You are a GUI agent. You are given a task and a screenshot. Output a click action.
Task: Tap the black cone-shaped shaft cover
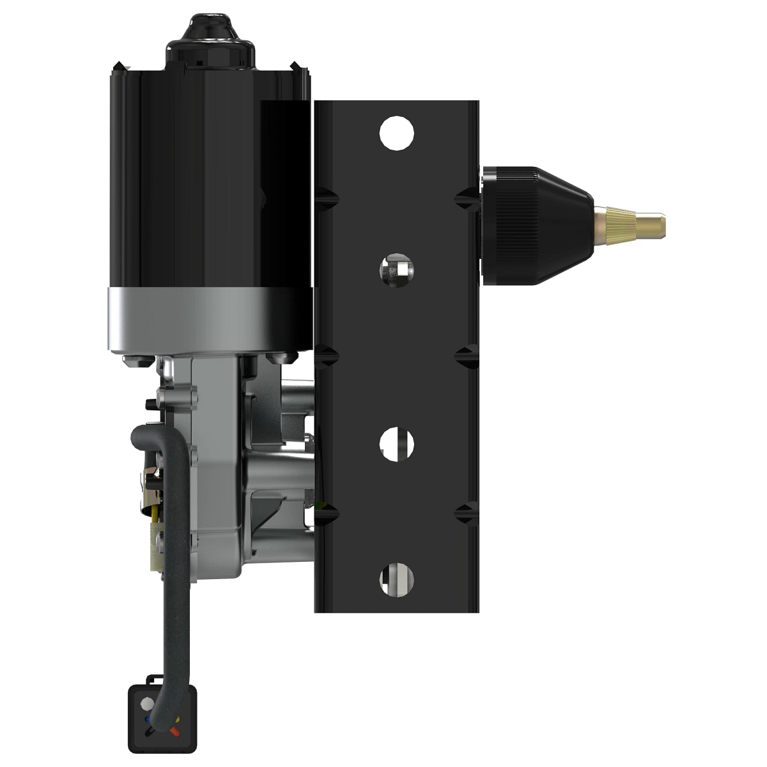point(537,224)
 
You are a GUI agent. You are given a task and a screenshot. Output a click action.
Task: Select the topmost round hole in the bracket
point(396,133)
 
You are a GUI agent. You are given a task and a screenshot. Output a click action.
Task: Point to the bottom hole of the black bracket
point(396,579)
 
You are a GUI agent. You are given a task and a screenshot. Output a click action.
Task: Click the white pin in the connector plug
point(146,704)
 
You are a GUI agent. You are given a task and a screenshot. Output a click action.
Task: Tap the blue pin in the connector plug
point(148,718)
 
